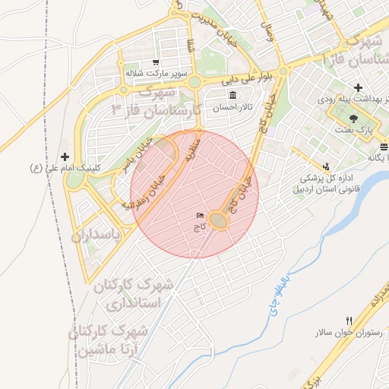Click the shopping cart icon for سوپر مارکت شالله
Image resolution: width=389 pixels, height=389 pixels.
pyautogui.click(x=156, y=62)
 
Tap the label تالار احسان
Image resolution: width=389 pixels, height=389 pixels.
pyautogui.click(x=226, y=108)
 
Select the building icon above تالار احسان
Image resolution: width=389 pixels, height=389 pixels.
pyautogui.click(x=232, y=95)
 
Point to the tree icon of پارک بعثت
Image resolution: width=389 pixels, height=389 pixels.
pyautogui.click(x=353, y=118)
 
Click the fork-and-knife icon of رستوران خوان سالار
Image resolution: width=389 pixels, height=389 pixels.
pyautogui.click(x=349, y=321)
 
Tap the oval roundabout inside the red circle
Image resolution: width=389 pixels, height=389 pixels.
pyautogui.click(x=219, y=220)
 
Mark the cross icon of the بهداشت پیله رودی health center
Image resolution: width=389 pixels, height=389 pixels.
pyautogui.click(x=357, y=88)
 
